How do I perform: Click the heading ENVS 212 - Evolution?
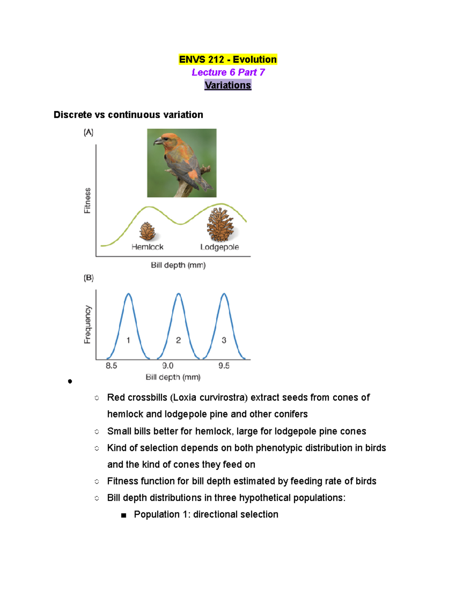click(x=228, y=60)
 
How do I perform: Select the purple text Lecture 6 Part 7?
click(x=228, y=72)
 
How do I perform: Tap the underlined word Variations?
click(x=228, y=85)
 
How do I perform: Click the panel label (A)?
click(x=89, y=133)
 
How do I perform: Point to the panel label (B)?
click(x=89, y=278)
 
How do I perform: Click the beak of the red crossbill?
click(x=157, y=142)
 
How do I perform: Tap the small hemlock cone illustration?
click(x=147, y=231)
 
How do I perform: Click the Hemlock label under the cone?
click(x=147, y=247)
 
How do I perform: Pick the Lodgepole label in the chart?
click(x=220, y=247)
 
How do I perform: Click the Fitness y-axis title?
click(x=87, y=201)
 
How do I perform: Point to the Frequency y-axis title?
click(x=87, y=324)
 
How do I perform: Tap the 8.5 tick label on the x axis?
click(x=111, y=366)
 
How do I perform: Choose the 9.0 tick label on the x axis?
click(x=168, y=366)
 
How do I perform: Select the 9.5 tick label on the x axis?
click(x=224, y=366)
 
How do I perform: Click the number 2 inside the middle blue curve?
click(x=178, y=340)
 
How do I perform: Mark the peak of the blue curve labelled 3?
click(x=224, y=294)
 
